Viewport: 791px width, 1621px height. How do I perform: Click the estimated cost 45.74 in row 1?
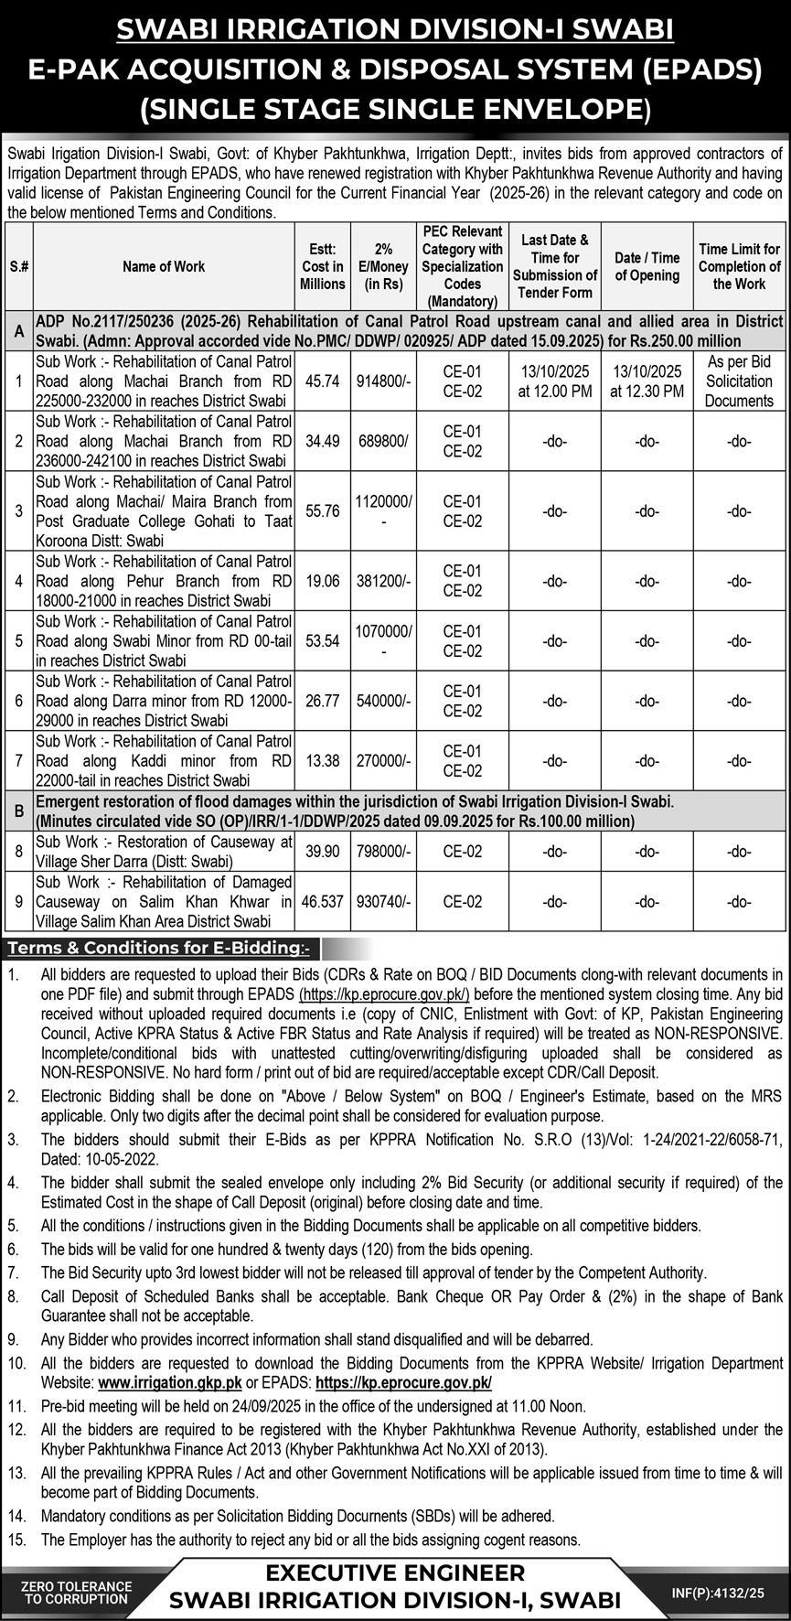coord(322,381)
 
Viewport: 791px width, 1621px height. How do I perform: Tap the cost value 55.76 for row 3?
coord(322,511)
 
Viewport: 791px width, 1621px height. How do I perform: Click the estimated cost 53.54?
coord(322,641)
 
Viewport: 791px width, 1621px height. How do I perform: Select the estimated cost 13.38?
coord(322,761)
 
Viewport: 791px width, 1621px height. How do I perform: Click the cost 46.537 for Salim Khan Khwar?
coord(322,901)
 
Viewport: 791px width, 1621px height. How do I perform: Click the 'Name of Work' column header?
coord(164,266)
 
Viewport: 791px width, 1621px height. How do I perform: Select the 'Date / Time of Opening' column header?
coord(647,266)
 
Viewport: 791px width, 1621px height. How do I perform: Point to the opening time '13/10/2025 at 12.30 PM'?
coord(647,381)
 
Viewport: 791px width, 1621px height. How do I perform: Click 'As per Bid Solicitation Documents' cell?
coord(739,381)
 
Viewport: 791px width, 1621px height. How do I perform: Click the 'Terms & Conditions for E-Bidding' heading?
coord(158,948)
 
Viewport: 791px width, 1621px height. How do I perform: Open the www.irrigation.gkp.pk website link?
coord(170,1383)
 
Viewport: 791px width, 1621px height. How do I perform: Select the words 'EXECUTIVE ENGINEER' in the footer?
coord(395,1573)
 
